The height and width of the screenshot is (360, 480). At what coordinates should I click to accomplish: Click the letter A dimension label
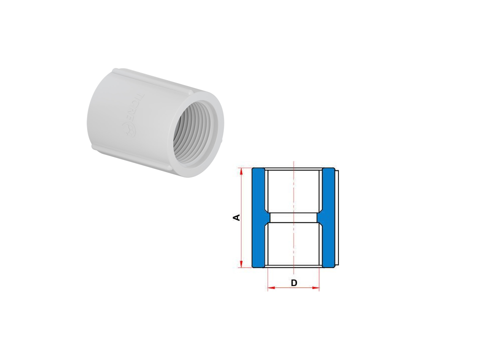237,217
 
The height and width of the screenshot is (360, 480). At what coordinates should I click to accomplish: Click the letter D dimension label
294,283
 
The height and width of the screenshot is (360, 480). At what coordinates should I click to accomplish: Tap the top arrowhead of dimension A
241,171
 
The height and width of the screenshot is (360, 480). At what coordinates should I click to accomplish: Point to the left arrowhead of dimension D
270,288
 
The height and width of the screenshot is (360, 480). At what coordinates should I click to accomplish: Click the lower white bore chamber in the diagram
293,244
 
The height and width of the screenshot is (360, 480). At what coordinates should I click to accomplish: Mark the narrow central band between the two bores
293,217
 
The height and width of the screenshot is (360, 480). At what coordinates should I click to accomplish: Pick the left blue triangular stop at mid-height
265,217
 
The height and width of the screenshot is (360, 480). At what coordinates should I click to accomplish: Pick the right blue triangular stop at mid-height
321,217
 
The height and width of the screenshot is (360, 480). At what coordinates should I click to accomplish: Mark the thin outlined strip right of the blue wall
337,217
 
